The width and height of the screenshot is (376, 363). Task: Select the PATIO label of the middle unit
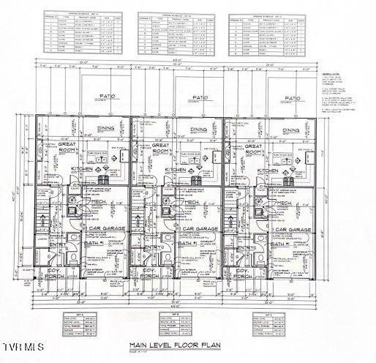198,97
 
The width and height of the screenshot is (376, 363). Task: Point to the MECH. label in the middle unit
182,203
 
